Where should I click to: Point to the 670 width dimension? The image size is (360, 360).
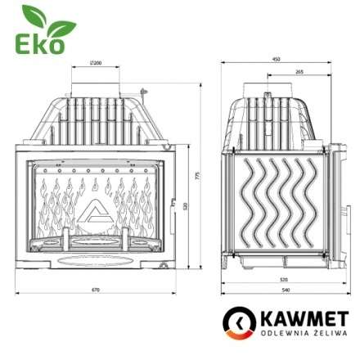(96, 288)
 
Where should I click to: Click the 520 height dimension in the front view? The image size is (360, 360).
(187, 205)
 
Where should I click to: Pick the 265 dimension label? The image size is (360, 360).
(300, 72)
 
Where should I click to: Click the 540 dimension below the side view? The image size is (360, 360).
(284, 289)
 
